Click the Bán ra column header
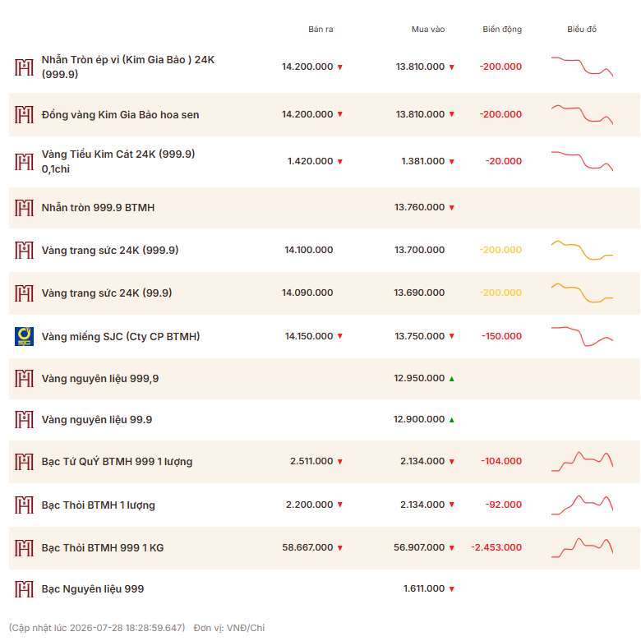click(x=320, y=29)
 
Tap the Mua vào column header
click(x=428, y=29)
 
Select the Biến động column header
click(x=502, y=29)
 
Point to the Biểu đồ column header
click(x=582, y=29)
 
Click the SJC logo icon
click(x=24, y=336)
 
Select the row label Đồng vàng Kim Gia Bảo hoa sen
click(x=120, y=115)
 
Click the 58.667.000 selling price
click(x=307, y=547)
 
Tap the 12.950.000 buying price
click(x=419, y=378)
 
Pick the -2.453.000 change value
click(x=496, y=547)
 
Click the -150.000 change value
click(x=501, y=336)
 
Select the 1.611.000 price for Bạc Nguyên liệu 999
click(x=424, y=588)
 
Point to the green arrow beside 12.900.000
click(x=452, y=420)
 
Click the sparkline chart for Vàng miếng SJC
click(x=582, y=336)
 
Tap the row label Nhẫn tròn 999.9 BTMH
click(x=98, y=208)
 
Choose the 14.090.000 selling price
click(x=307, y=293)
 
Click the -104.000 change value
click(x=501, y=461)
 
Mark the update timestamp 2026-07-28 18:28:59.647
click(x=127, y=628)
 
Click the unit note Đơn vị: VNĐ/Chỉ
click(x=229, y=628)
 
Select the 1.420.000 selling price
click(x=311, y=161)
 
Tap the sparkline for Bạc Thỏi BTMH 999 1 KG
click(x=582, y=547)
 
